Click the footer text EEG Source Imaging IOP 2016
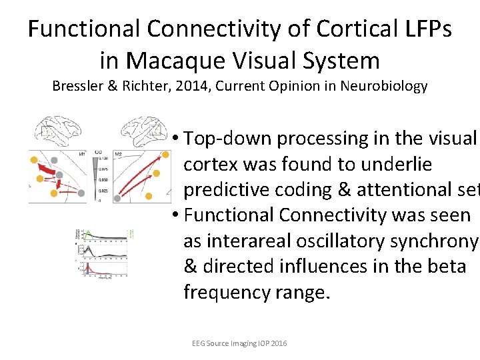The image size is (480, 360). (239, 343)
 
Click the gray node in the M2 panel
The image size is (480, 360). (117, 198)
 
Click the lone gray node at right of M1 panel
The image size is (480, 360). (81, 193)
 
